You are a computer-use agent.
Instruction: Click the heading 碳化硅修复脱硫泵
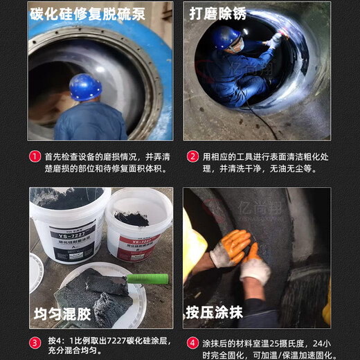(x=88, y=13)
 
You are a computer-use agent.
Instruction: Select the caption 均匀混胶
(x=63, y=314)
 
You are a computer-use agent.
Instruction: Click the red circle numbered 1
(x=35, y=156)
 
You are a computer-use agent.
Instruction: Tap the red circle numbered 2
(x=193, y=156)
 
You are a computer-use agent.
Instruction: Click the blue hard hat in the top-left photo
(x=84, y=87)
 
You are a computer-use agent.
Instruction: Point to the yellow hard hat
(x=192, y=235)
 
